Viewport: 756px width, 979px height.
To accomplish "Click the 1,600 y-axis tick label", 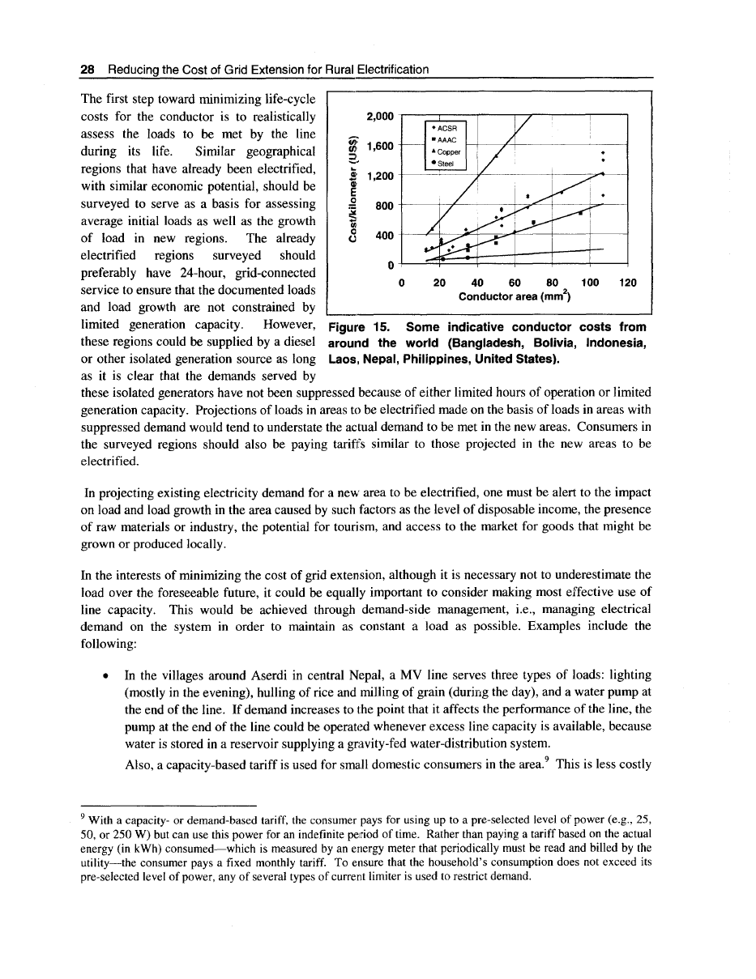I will [380, 147].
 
